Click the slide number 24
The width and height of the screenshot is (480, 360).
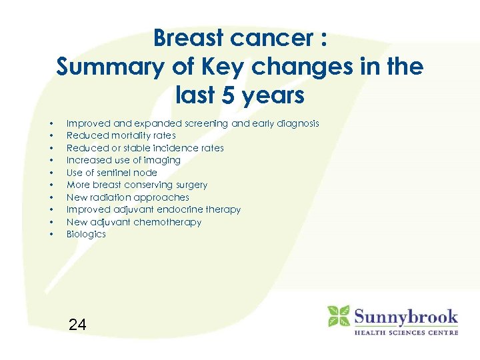coord(77,325)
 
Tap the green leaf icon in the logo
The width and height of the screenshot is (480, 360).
coord(338,317)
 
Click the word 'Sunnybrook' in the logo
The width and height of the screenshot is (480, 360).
coord(405,315)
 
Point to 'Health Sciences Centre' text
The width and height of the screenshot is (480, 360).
coord(405,332)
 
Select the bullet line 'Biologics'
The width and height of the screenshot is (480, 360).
coord(86,234)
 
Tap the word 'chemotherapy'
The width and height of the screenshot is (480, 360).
coord(168,222)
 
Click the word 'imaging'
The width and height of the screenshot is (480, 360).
coord(163,160)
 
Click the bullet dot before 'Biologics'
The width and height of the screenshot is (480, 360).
coord(51,235)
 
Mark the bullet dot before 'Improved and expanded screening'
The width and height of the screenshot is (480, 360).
coord(51,124)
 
